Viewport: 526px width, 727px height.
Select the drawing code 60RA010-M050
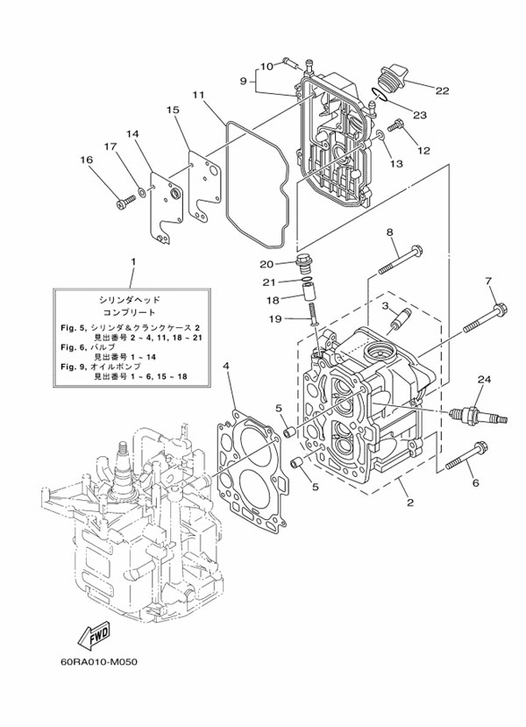(99, 661)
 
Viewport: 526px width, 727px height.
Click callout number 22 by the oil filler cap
(442, 90)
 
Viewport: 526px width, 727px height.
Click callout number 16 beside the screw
(87, 160)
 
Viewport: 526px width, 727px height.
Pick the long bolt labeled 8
(400, 260)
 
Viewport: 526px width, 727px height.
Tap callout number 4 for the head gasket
(225, 367)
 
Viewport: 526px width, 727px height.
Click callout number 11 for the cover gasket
(198, 95)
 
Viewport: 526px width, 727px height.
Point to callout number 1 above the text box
(133, 262)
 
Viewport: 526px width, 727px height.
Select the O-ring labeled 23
(378, 95)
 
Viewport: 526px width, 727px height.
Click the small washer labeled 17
(142, 190)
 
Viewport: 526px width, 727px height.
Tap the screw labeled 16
(124, 201)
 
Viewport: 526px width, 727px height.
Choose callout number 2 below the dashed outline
(410, 502)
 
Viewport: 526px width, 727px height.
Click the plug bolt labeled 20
(303, 264)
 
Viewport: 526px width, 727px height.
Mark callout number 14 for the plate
(132, 134)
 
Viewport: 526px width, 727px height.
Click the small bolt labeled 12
(395, 125)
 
